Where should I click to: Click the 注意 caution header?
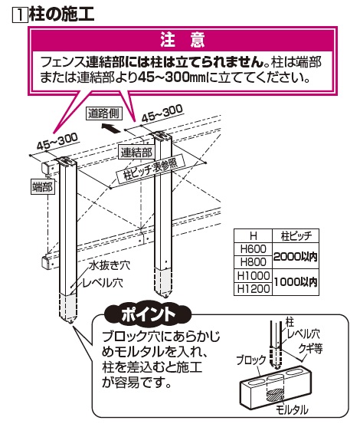click(182, 39)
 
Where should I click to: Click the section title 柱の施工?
click(61, 14)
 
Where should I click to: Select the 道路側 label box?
click(103, 113)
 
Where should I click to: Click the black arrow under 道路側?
click(111, 127)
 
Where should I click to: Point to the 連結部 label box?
click(136, 153)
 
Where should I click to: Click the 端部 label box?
click(42, 187)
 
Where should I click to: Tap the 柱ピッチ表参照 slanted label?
click(150, 169)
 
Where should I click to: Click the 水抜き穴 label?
click(110, 265)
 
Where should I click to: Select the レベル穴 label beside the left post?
click(103, 283)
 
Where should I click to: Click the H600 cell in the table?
click(253, 248)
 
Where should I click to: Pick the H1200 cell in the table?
click(253, 289)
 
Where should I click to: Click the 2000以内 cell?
click(295, 256)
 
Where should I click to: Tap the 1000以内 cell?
click(295, 282)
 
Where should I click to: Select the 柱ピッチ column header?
click(296, 236)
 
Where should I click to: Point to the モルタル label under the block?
click(291, 410)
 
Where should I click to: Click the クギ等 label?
click(310, 348)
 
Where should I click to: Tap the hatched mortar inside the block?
click(276, 395)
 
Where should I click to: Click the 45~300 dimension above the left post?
click(57, 141)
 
